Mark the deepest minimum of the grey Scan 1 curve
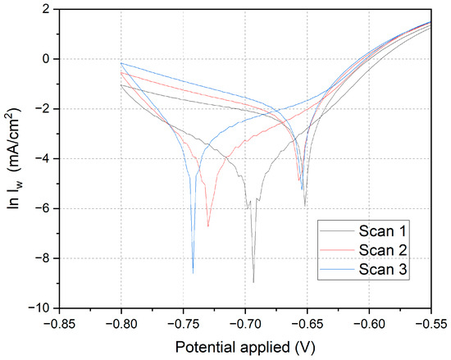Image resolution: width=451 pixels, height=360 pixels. click(x=253, y=282)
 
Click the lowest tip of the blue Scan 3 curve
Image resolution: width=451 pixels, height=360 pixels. click(x=194, y=272)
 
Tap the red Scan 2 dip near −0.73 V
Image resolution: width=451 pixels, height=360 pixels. click(x=208, y=226)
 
